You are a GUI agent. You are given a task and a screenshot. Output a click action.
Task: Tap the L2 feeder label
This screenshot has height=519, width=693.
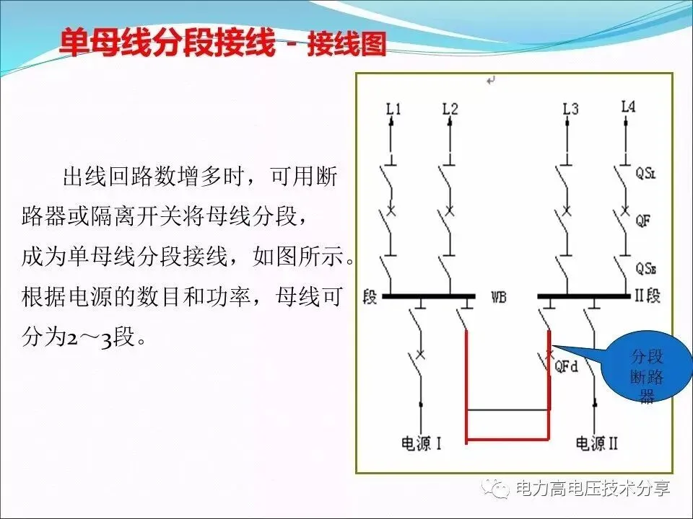tap(450, 110)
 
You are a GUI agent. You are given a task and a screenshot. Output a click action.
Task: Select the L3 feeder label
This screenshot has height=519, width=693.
tap(570, 110)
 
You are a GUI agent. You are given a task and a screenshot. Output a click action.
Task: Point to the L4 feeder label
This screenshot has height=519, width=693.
tap(628, 107)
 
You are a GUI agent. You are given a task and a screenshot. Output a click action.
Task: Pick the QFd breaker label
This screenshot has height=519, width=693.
tap(567, 365)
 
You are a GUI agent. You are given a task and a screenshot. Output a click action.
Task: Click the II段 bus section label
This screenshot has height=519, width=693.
tap(645, 296)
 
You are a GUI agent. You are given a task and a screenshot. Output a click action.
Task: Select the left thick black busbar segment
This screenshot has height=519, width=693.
tap(428, 296)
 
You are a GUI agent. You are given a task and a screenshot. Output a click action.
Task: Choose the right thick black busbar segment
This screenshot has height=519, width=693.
tap(583, 296)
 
